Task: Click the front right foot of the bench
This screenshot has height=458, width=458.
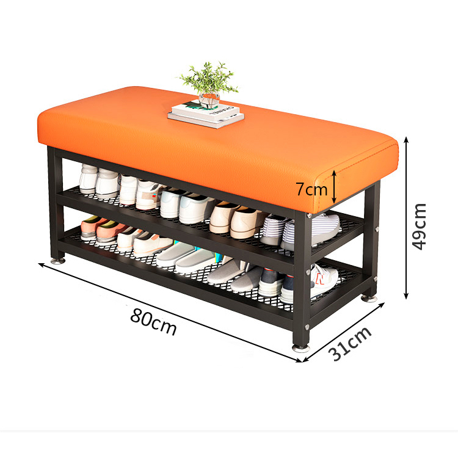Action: pyautogui.click(x=300, y=347)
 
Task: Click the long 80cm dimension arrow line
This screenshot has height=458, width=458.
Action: pyautogui.click(x=171, y=311)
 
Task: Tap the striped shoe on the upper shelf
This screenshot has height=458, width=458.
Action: pyautogui.click(x=274, y=230)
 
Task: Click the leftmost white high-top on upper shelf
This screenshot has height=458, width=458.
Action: pyautogui.click(x=89, y=178)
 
